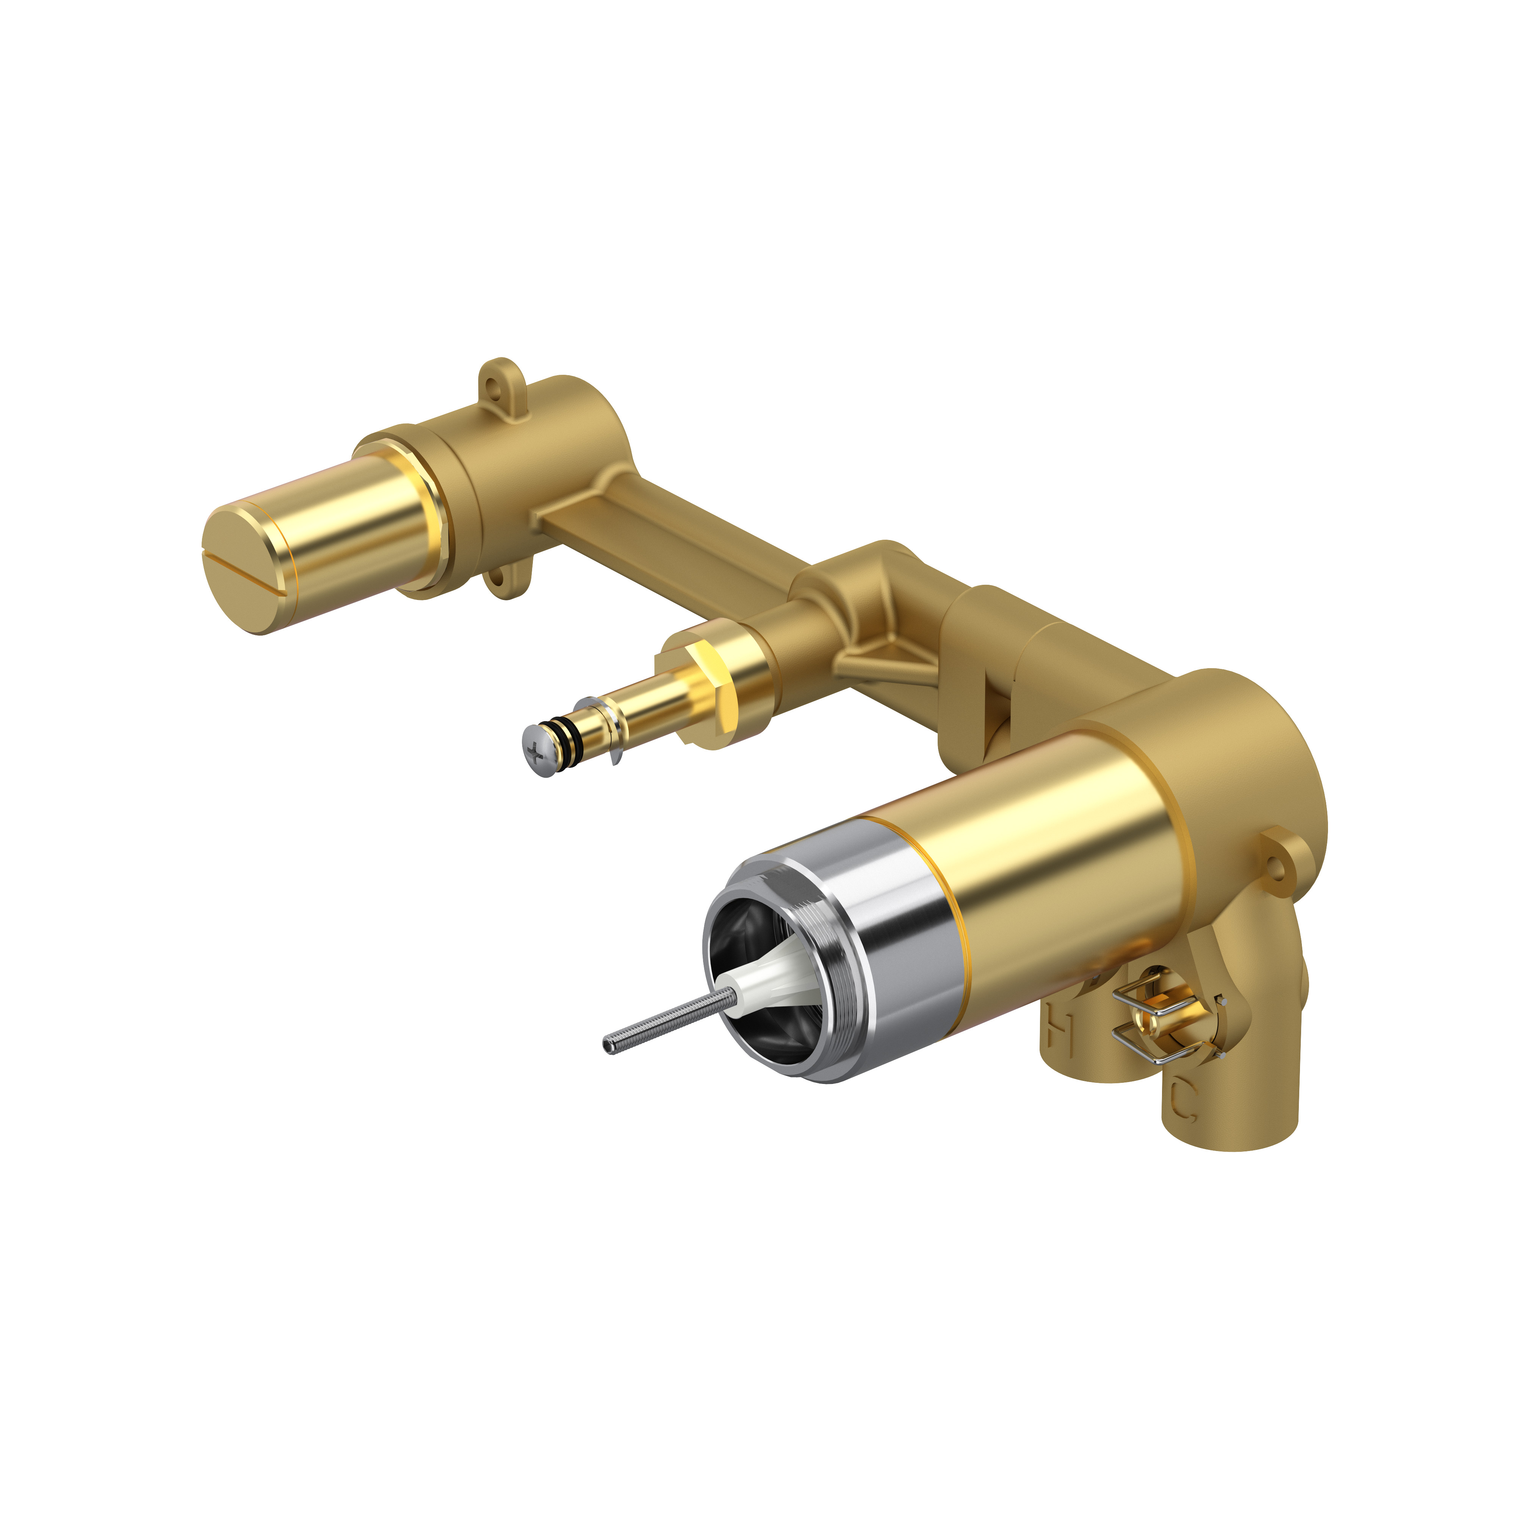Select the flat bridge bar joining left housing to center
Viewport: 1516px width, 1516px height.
pyautogui.click(x=667, y=542)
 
